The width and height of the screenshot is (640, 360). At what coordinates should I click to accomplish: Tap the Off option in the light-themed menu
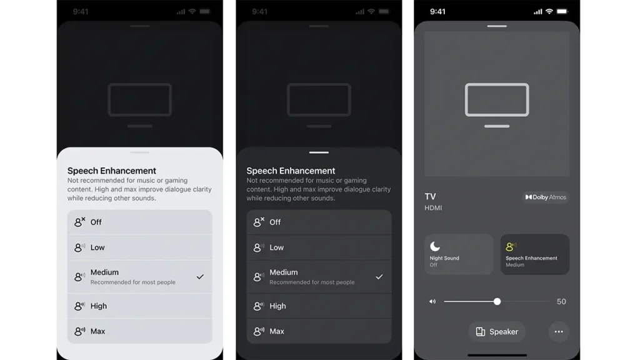[139, 222]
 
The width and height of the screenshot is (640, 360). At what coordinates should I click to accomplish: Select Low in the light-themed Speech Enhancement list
[139, 247]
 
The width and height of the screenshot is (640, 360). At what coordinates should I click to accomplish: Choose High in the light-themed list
[139, 306]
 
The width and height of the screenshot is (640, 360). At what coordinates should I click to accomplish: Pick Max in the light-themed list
[139, 331]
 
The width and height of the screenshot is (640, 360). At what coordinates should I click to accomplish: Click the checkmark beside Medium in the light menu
[200, 277]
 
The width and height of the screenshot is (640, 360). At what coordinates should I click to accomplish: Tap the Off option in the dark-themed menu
[319, 222]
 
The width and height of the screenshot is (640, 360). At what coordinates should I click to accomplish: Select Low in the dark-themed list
[319, 247]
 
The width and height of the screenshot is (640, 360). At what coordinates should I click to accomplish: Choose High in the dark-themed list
[319, 306]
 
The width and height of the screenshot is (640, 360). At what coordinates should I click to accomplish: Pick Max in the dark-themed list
[319, 331]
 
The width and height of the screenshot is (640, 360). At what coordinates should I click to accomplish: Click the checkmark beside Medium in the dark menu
[379, 277]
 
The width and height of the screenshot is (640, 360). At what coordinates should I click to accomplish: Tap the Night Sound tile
[459, 254]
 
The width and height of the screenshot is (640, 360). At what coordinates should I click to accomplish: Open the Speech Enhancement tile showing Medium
[535, 254]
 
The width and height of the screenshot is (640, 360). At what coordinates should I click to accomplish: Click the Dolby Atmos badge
[546, 197]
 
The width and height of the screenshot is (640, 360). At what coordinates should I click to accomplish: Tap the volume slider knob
[497, 302]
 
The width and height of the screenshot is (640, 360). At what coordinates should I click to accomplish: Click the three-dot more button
[559, 332]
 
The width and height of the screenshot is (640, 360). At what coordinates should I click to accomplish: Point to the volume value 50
[561, 302]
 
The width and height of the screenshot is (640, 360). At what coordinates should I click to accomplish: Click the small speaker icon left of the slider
[432, 302]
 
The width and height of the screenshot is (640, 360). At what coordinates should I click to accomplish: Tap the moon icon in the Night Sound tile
[435, 246]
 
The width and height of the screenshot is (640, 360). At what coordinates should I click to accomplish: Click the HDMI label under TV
[433, 207]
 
